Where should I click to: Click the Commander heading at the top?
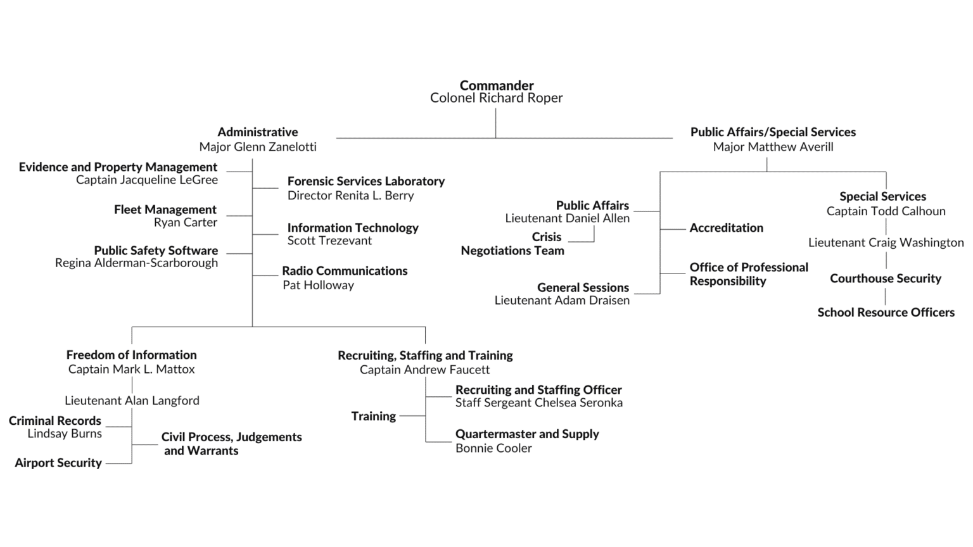tap(497, 85)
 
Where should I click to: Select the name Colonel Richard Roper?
tap(496, 98)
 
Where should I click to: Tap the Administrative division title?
tap(257, 132)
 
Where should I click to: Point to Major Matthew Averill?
tap(773, 147)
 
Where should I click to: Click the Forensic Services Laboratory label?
tap(366, 182)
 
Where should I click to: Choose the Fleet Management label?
tap(165, 210)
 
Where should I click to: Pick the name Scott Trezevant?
tap(329, 241)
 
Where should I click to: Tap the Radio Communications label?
tap(345, 271)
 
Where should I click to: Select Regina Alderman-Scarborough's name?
tap(136, 263)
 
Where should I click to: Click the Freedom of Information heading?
tap(131, 355)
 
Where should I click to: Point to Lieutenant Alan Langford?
tap(132, 401)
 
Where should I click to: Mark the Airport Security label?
tap(58, 463)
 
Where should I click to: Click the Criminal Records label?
tap(55, 421)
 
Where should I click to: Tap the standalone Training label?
tap(374, 416)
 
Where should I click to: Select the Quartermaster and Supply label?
tap(527, 434)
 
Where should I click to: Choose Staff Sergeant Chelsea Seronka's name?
tap(538, 403)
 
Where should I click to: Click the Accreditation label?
tap(726, 228)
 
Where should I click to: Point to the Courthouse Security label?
tap(886, 279)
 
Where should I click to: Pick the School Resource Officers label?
tap(886, 312)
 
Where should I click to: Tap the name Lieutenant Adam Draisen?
tap(562, 300)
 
